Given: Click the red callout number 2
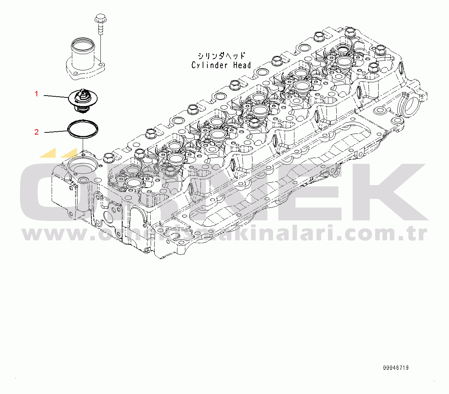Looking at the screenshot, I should (x=36, y=132).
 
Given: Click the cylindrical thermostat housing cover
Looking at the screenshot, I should (x=82, y=58).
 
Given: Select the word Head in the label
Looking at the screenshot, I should (x=242, y=65).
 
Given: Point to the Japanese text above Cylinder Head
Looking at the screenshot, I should (x=221, y=56).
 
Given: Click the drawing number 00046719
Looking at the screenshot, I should (x=396, y=368).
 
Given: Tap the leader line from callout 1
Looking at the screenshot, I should (x=56, y=96).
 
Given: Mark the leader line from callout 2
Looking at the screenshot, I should (x=56, y=132).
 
